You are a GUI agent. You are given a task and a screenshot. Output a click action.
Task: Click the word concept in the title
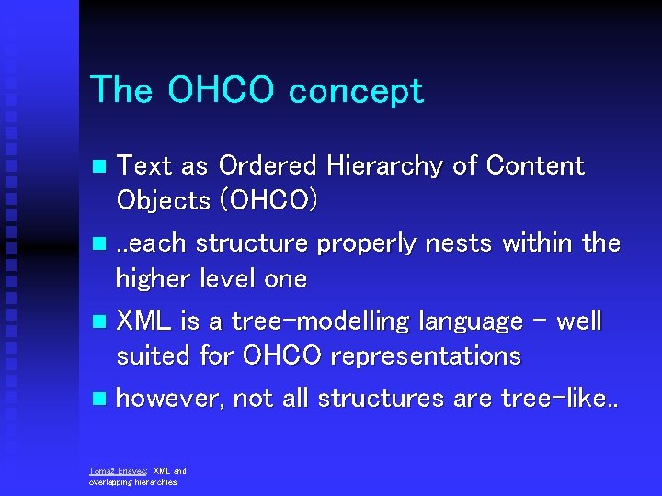point(356,91)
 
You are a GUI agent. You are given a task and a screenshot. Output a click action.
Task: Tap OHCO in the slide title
point(222,91)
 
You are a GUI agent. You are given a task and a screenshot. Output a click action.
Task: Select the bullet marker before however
point(99,400)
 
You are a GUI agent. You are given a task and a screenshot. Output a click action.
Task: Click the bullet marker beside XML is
point(99,322)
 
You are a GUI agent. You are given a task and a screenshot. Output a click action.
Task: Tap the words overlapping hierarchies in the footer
point(132,481)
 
